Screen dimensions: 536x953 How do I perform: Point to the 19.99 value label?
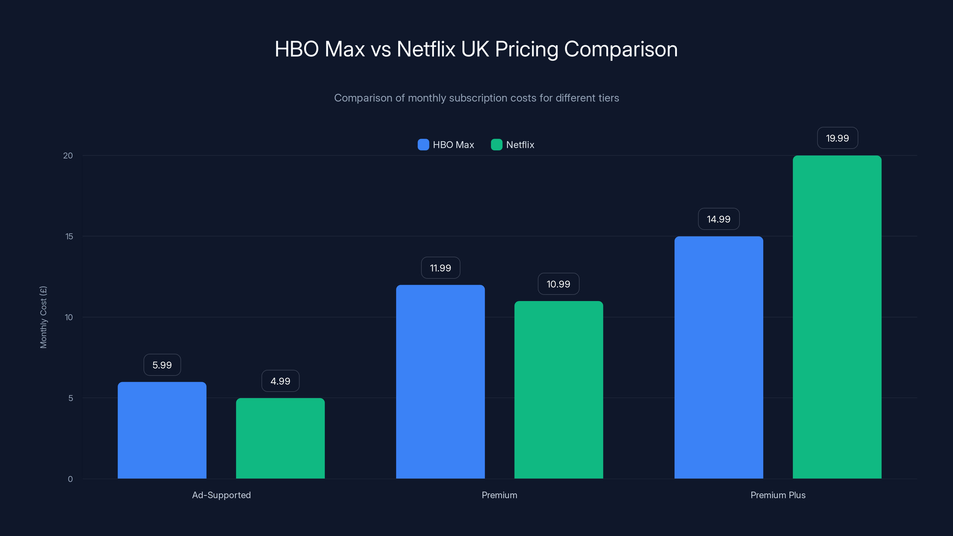click(x=837, y=138)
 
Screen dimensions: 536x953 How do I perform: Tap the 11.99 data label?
click(x=440, y=268)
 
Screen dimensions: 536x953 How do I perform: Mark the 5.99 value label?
click(x=162, y=365)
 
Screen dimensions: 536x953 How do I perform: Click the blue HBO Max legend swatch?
click(x=423, y=145)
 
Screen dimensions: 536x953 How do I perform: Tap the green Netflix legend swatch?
click(x=496, y=145)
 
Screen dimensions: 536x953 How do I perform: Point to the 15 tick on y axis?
click(x=69, y=236)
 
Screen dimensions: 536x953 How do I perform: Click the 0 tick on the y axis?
click(x=70, y=479)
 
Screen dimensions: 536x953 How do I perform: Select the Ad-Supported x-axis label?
click(x=221, y=495)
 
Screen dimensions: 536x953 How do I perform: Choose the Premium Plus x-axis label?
click(x=778, y=495)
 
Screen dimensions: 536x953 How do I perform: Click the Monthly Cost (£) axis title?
click(x=43, y=317)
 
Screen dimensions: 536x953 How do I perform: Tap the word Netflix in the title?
click(x=426, y=49)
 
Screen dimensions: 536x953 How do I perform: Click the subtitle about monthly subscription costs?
click(x=476, y=98)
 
